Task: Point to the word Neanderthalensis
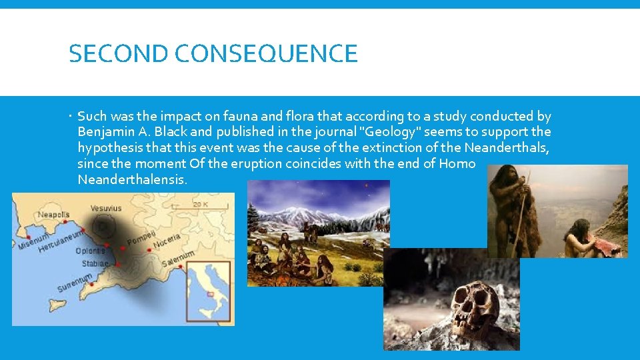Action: [132, 180]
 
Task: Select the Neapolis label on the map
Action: [53, 215]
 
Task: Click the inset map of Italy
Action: [208, 290]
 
